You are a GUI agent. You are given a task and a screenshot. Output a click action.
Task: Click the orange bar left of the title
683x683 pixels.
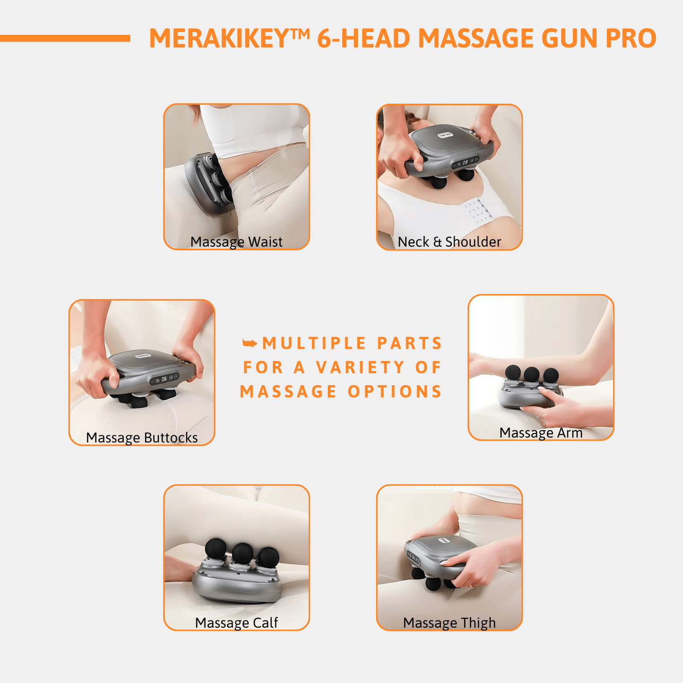click(x=65, y=38)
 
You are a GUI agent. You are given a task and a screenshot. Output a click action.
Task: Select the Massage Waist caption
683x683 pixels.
click(x=236, y=242)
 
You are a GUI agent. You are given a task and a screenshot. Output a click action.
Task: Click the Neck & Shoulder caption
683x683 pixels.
click(x=449, y=242)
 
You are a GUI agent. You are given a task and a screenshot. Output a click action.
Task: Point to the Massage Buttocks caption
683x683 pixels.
click(x=142, y=438)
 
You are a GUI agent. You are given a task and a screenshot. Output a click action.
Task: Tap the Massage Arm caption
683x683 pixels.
click(x=541, y=432)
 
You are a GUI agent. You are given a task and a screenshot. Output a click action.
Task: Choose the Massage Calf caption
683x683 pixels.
click(x=236, y=622)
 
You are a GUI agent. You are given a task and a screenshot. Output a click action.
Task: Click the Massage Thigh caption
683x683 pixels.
click(x=449, y=622)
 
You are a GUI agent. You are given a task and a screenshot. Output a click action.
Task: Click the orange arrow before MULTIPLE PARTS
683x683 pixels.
click(x=250, y=343)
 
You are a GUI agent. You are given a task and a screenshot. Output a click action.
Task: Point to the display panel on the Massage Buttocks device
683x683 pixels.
click(x=164, y=379)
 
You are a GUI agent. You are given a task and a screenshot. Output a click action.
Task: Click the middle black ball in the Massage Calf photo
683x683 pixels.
click(x=242, y=552)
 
